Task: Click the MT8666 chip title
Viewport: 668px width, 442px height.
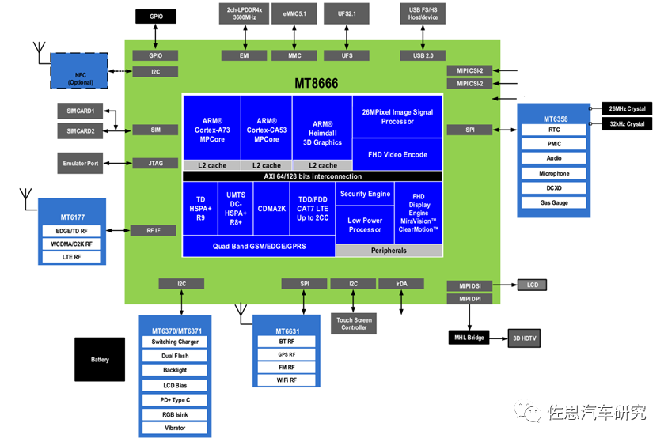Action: (x=316, y=83)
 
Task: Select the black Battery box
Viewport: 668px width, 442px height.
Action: (x=100, y=360)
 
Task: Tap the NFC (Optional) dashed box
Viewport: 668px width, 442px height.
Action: (x=79, y=70)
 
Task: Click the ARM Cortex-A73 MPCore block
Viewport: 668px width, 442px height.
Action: (x=212, y=127)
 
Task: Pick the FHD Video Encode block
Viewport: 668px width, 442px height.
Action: (x=397, y=154)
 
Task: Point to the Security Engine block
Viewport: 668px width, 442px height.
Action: (x=365, y=194)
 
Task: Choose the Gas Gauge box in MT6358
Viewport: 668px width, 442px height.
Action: (x=554, y=203)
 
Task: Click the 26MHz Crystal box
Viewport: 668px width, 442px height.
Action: (x=627, y=108)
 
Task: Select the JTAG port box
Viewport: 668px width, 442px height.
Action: (x=155, y=164)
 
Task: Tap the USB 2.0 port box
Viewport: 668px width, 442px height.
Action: (x=423, y=55)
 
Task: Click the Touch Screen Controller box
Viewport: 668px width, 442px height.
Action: (x=354, y=323)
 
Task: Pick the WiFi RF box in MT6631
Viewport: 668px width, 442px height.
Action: (x=287, y=380)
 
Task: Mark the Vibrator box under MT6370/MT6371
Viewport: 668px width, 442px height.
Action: (x=175, y=428)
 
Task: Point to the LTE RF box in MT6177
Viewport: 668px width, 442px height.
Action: (x=71, y=257)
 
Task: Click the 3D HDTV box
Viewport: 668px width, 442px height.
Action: (x=525, y=338)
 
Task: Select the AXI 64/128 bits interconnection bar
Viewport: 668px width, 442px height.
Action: (x=313, y=176)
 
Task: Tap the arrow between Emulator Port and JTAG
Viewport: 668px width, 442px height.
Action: (x=118, y=164)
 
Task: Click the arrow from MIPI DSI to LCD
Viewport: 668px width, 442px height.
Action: (x=505, y=285)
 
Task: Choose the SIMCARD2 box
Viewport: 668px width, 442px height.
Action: (x=80, y=131)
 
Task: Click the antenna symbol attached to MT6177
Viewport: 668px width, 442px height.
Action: (x=26, y=198)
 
